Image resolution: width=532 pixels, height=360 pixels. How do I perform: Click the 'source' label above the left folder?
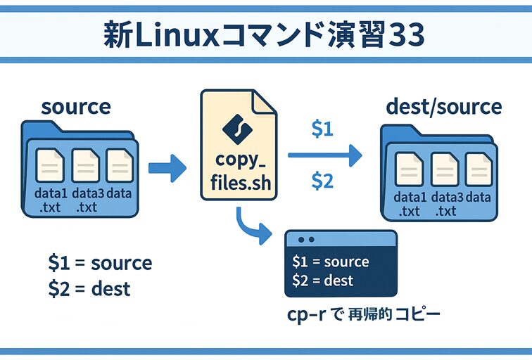(76, 107)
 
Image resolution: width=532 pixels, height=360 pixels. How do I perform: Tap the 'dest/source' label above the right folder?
(444, 107)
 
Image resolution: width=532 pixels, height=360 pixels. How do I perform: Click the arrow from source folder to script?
(169, 168)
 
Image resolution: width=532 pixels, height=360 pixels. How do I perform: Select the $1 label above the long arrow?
(322, 130)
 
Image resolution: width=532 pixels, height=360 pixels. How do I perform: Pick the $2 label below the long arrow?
(322, 181)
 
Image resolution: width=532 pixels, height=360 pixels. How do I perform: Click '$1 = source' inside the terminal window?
(330, 262)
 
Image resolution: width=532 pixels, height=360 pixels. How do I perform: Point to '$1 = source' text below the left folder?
(100, 264)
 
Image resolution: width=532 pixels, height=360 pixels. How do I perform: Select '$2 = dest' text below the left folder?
(89, 288)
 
